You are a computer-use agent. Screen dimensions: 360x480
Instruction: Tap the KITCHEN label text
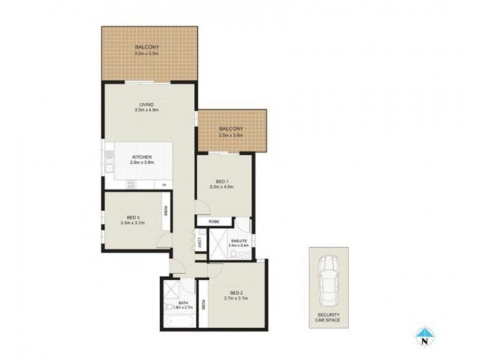(142, 157)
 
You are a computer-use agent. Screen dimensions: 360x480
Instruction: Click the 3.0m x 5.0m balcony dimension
(147, 53)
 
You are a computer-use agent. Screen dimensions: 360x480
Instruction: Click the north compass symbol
(424, 337)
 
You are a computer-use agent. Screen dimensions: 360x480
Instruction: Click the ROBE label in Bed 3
(165, 212)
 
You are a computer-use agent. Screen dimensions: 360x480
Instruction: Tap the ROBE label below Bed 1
(214, 221)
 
